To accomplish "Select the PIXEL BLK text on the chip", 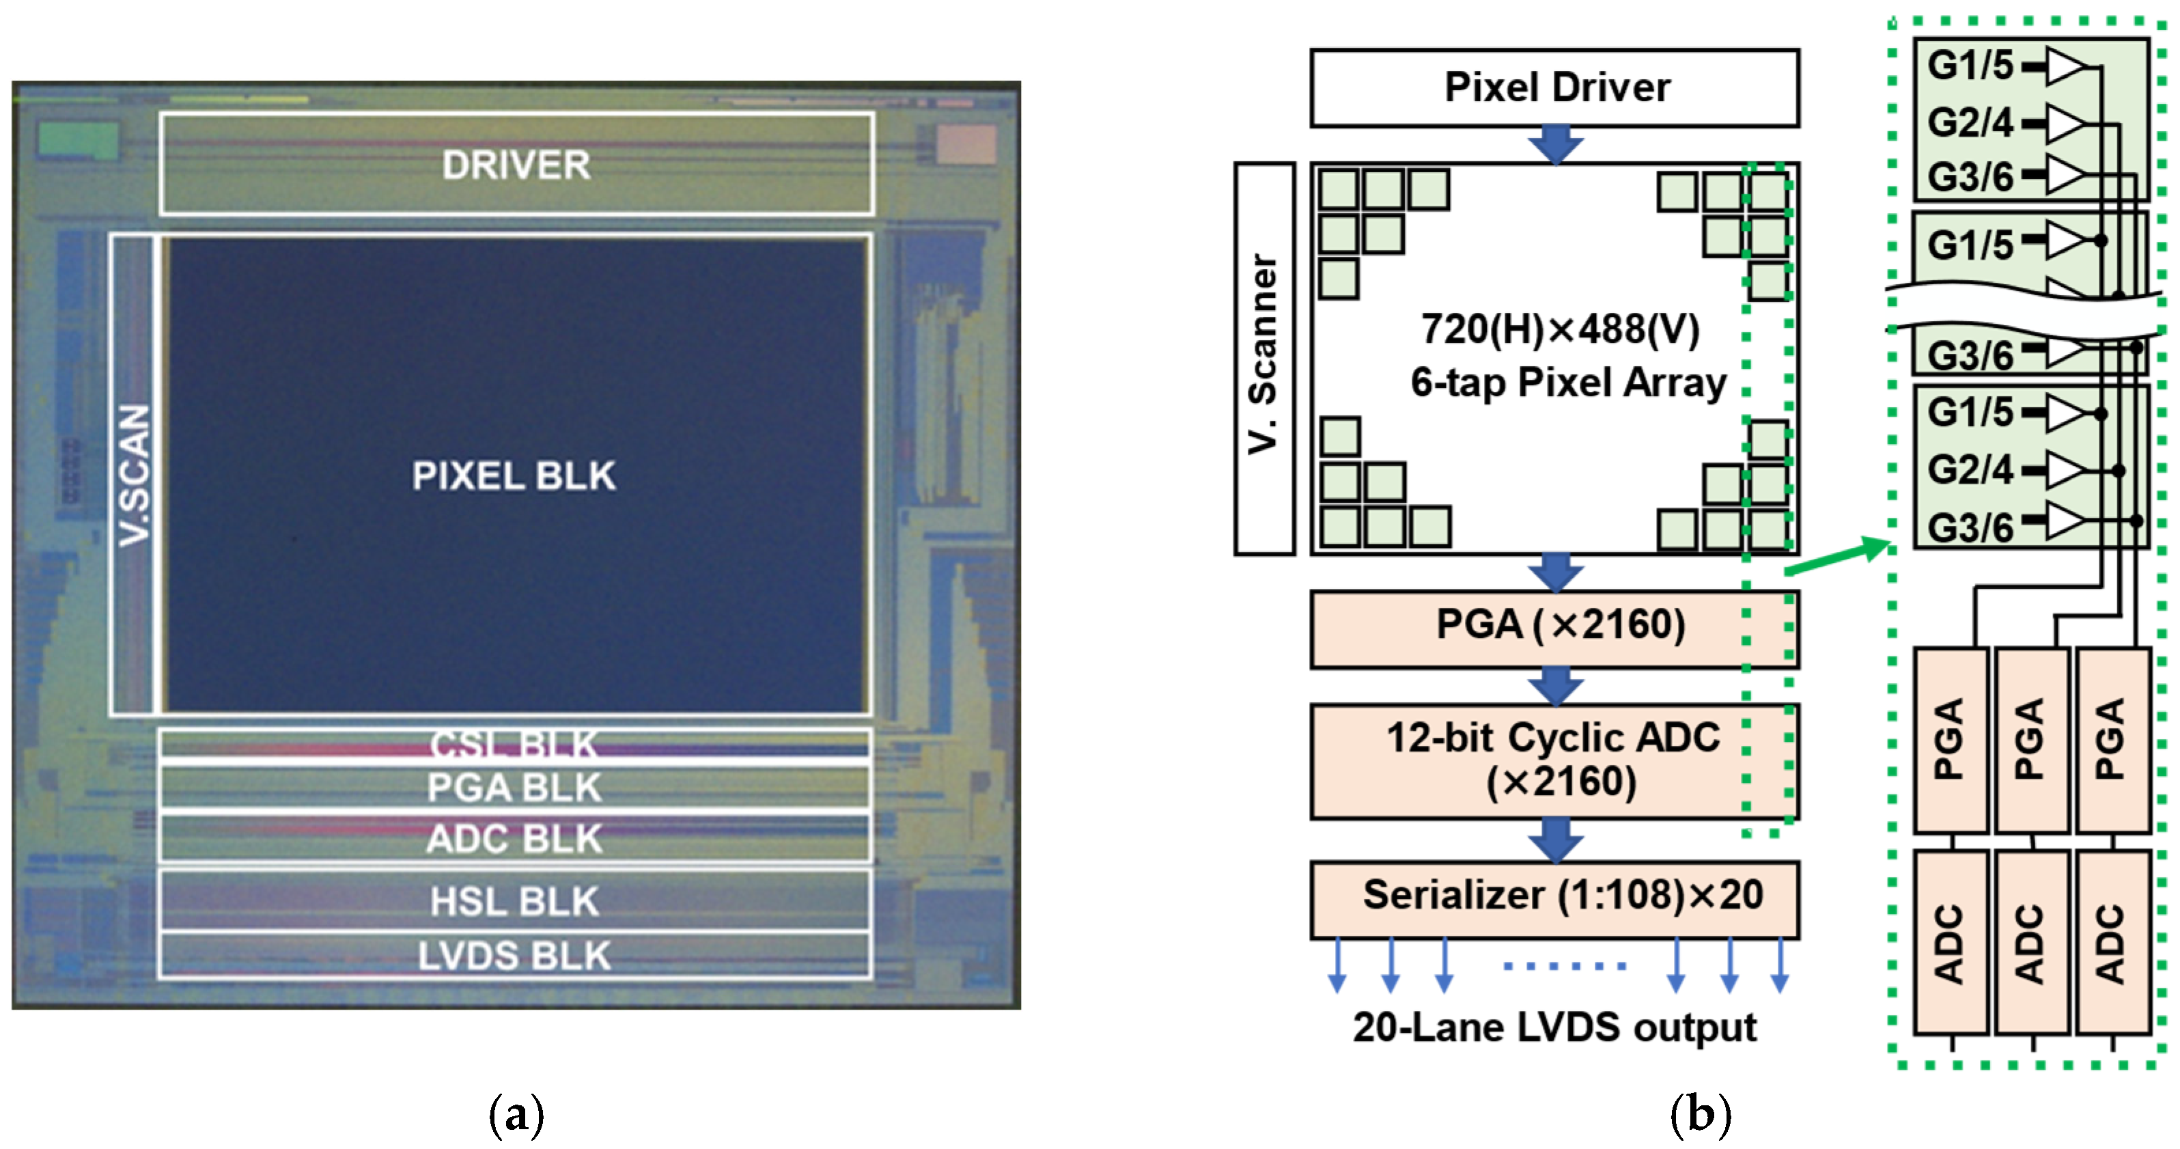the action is coord(514,476).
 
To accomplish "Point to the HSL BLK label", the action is coord(514,901).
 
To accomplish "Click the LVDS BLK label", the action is coord(514,956).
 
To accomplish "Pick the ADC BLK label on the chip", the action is coord(514,839).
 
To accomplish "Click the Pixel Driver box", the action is coord(1554,87).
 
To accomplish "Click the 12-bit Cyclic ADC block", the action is coord(1554,760).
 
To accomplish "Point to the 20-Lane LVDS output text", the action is coord(1554,1027).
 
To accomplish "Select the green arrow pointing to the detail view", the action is coord(1836,558).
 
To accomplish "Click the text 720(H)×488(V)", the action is coord(1560,329).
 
